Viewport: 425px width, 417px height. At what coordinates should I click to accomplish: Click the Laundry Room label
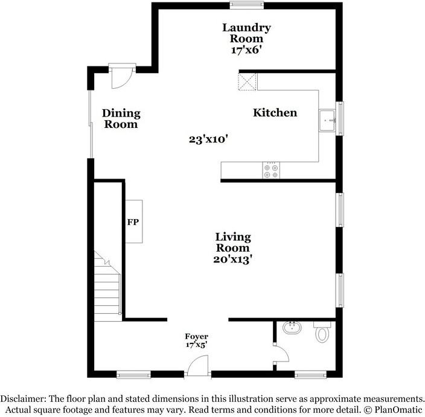coord(246,33)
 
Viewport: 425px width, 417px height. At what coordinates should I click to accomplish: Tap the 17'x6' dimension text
coord(246,50)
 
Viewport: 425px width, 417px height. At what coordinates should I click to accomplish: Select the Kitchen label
coord(275,113)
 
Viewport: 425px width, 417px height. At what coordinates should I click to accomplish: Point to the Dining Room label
coord(121,119)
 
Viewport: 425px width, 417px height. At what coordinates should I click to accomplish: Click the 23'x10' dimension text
coord(208,139)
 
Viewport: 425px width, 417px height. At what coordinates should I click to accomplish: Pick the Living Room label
coord(234,243)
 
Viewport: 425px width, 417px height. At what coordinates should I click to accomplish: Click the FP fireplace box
coord(133,222)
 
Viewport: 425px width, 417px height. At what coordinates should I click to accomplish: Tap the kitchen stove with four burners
coord(270,171)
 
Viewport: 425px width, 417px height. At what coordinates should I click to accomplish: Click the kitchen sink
coord(329,121)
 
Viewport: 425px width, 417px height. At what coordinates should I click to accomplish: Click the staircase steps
coord(108,281)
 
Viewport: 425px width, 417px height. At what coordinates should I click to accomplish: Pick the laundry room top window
coord(246,6)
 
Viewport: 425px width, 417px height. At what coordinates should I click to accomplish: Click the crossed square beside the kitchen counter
coord(248,81)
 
